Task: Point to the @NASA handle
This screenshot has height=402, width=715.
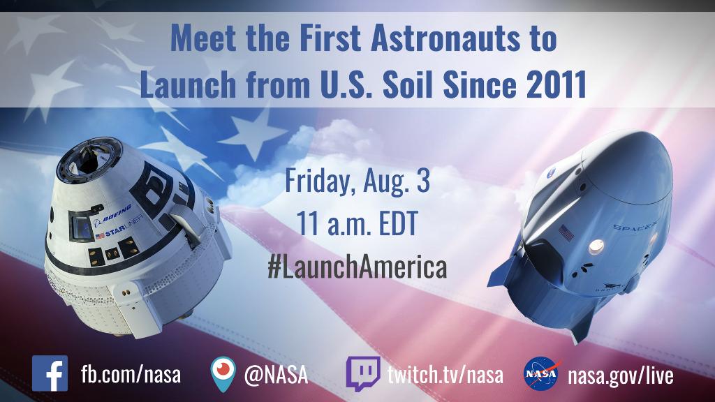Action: point(276,375)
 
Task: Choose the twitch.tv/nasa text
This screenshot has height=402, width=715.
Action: point(445,375)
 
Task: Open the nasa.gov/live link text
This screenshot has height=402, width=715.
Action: point(620,375)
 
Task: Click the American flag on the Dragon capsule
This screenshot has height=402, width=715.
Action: point(566,234)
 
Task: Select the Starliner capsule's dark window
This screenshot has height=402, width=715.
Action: point(81,227)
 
